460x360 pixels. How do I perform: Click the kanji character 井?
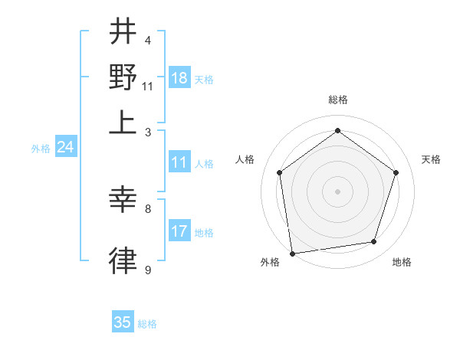point(123,33)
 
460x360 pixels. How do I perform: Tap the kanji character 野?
point(123,77)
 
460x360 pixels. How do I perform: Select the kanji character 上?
point(123,123)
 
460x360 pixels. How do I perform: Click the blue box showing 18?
point(179,78)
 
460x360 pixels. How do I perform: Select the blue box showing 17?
point(179,231)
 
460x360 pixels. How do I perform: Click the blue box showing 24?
point(65,148)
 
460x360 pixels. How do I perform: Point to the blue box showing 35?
point(123,322)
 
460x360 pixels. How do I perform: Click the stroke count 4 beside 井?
point(148,41)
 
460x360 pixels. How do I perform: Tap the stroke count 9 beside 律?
point(148,270)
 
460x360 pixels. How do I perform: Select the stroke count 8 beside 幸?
point(148,208)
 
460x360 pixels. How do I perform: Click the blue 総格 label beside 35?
point(147,324)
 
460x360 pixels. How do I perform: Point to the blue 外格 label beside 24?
point(41,149)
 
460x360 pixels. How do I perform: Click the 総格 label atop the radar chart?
point(337,100)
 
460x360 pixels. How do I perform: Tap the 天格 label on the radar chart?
point(431,159)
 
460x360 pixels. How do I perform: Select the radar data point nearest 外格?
point(292,252)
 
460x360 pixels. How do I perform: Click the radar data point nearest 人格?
point(280,173)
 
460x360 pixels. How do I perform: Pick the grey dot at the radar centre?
point(337,191)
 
